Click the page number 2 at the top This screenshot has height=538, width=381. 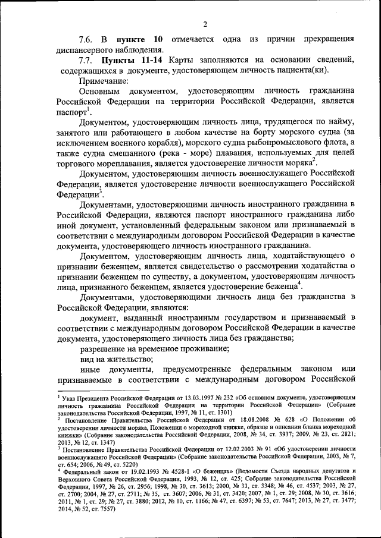click(204, 24)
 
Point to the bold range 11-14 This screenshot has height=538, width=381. click(150, 61)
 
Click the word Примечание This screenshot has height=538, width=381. click(104, 81)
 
